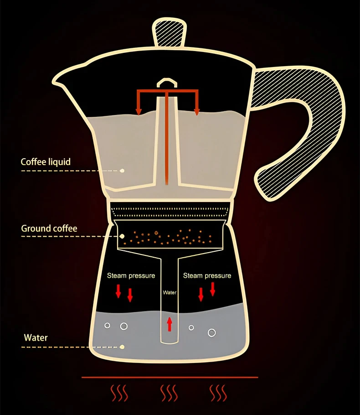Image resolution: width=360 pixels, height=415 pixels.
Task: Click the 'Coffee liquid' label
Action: point(46,162)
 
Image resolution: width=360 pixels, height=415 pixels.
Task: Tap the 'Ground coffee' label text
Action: point(49,228)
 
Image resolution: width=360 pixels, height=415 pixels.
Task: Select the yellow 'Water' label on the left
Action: point(36,338)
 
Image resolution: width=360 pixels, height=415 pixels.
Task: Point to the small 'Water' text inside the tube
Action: point(170,293)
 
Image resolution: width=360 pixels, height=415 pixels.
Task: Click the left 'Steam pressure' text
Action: point(131,275)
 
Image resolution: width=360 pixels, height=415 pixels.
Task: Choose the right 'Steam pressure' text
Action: point(207,275)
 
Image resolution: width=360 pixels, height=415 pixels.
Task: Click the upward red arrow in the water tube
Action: point(170,324)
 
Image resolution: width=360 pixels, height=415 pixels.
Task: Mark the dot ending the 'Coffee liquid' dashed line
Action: point(122,171)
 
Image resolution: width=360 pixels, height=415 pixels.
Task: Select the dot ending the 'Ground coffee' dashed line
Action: point(122,236)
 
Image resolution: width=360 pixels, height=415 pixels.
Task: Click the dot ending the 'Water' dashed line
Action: point(122,347)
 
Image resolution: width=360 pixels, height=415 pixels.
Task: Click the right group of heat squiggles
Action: point(218,393)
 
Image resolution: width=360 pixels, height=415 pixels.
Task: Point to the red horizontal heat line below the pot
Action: point(170,378)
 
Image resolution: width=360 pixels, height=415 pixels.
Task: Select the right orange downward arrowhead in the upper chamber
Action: point(197,111)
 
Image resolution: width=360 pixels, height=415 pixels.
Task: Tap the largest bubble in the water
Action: point(212,332)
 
